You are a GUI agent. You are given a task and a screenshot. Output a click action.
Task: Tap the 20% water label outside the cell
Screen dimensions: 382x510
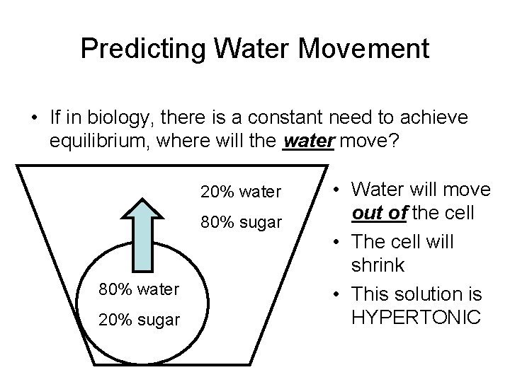241,191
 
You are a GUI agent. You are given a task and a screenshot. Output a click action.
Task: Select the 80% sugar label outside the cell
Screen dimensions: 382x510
241,224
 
